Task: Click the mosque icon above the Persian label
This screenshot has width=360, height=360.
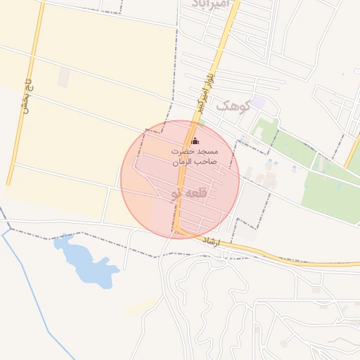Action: coord(195,141)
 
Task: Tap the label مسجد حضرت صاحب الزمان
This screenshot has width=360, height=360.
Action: coord(195,157)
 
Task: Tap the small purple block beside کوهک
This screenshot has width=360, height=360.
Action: coord(259,103)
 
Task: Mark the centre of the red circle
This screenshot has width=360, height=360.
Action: coord(180,179)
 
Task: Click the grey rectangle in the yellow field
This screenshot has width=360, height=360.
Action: coord(64,77)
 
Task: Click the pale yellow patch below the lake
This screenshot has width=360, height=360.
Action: coord(144,304)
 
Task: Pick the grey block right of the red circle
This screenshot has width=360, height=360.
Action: coord(250,204)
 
